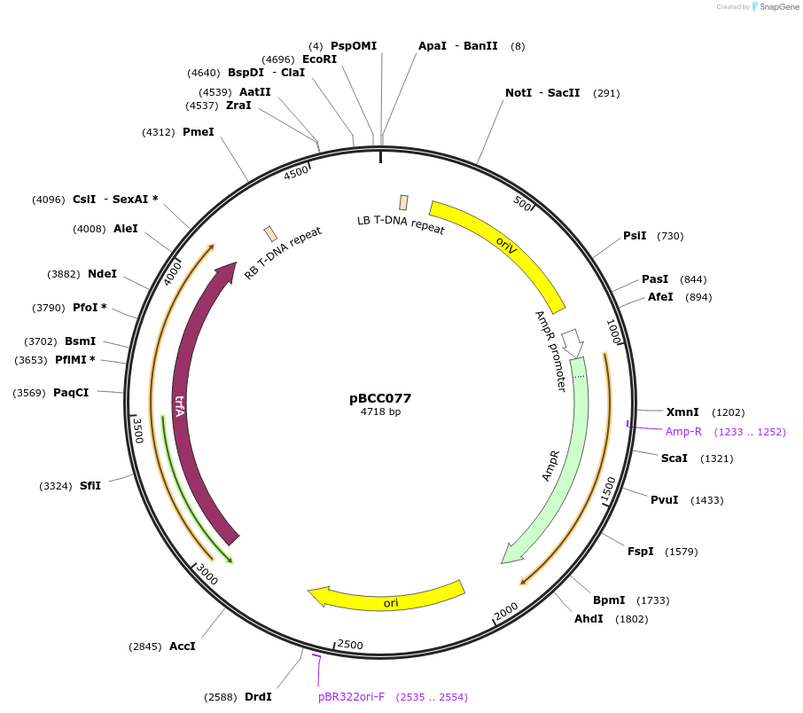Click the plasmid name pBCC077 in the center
(380, 398)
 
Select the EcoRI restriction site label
(319, 59)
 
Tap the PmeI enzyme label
(198, 132)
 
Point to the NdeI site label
(102, 274)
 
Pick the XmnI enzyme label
(682, 411)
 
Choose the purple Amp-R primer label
(683, 432)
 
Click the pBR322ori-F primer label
(351, 697)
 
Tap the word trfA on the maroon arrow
(180, 405)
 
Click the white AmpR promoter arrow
(573, 341)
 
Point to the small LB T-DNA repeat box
(404, 202)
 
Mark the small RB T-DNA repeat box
(270, 233)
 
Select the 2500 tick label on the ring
(350, 645)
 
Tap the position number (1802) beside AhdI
(631, 619)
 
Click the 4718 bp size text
(380, 411)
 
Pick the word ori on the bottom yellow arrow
(391, 603)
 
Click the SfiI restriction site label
(90, 486)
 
